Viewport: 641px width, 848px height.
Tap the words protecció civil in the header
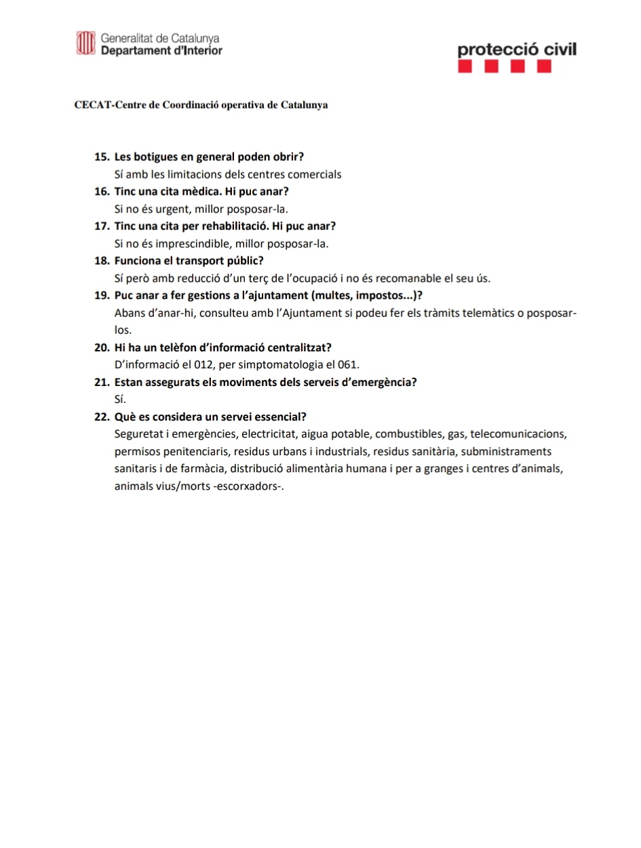click(517, 50)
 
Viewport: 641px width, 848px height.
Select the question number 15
click(102, 157)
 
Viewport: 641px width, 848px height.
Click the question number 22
click(102, 417)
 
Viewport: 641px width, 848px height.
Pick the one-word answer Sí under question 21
click(121, 400)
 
